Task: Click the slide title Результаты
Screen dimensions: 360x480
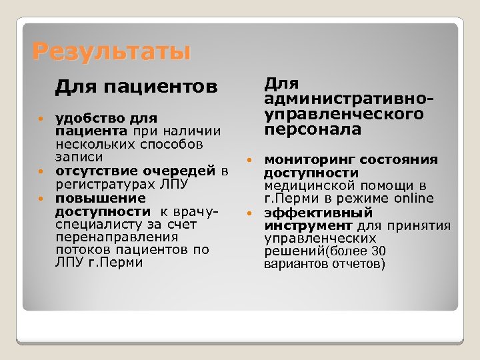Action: (111, 51)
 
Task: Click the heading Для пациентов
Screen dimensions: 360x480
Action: (136, 87)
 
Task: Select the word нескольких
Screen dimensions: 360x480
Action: (91, 144)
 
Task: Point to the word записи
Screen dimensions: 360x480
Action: (79, 157)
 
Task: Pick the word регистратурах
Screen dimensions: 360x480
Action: (106, 184)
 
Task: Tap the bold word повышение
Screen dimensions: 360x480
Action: (91, 198)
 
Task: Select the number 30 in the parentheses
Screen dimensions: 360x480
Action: (379, 251)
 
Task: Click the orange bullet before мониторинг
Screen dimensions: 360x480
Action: (249, 160)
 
